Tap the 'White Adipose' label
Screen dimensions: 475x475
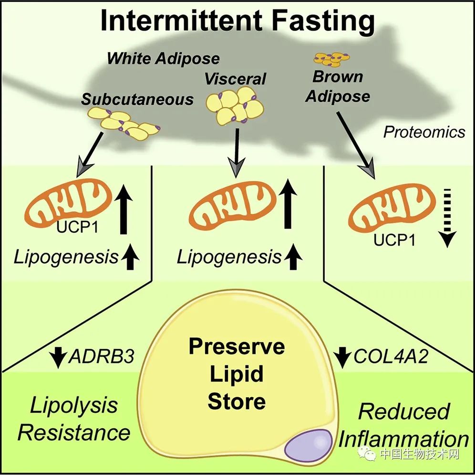tap(163, 59)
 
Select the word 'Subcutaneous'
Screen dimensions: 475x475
tap(137, 99)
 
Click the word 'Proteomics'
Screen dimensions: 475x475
tap(424, 132)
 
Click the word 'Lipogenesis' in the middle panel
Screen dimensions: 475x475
tap(229, 258)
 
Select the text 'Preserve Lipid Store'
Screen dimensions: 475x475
tap(237, 374)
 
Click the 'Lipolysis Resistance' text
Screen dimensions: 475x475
tap(74, 419)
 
